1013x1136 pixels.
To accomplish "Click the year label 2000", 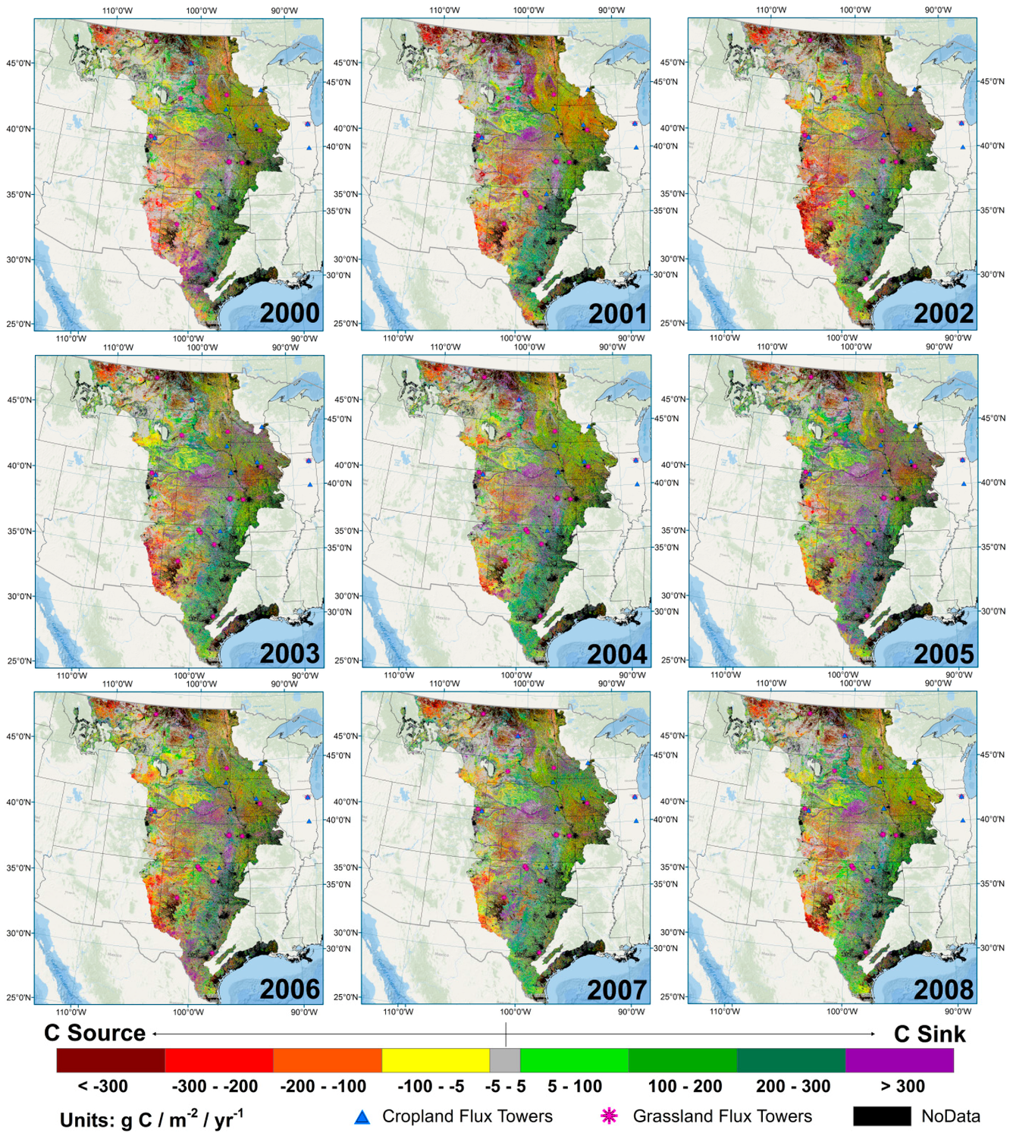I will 290,313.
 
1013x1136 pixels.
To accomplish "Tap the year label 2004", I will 617,654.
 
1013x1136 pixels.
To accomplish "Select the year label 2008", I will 944,990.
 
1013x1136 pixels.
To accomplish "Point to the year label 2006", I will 290,990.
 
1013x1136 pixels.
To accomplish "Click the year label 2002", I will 944,313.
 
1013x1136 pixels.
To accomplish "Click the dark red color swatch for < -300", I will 111,1060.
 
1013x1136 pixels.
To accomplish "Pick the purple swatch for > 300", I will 899,1060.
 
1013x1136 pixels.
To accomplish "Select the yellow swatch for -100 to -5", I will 435,1060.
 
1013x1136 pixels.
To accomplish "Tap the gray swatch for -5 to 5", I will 505,1060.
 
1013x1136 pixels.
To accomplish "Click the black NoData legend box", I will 882,1116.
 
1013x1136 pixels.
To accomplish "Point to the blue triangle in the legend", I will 362,1117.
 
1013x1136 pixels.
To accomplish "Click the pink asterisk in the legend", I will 609,1116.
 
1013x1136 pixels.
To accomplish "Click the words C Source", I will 95,1033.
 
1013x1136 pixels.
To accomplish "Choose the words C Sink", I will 930,1034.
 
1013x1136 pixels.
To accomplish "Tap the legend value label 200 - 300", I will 793,1086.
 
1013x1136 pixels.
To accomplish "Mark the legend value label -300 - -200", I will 215,1086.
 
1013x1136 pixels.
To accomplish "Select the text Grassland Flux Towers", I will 722,1116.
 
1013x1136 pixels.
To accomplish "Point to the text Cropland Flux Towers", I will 467,1116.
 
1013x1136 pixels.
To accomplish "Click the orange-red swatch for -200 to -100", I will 327,1060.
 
